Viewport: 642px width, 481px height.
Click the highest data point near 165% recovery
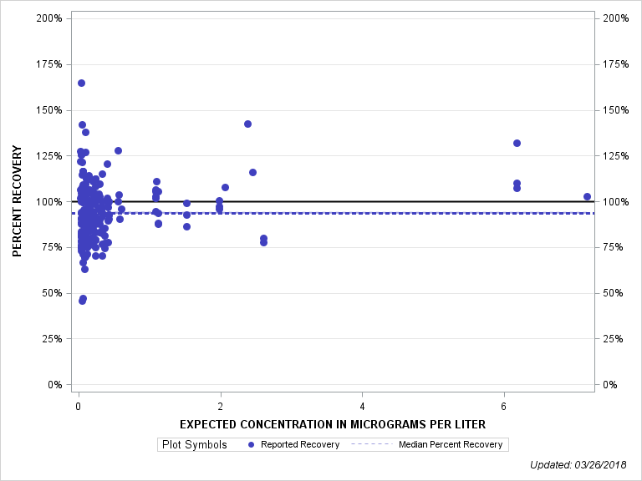click(x=81, y=83)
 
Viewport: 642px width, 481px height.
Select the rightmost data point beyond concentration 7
click(x=587, y=196)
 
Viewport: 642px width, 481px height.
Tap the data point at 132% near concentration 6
click(x=517, y=143)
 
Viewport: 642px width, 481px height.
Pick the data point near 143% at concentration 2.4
click(x=247, y=124)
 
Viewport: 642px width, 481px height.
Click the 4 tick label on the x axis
click(x=362, y=406)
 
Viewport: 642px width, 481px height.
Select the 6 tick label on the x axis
click(x=504, y=406)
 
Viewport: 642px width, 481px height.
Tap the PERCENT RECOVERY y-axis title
click(x=18, y=201)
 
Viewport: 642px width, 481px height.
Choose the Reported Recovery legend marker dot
click(x=252, y=444)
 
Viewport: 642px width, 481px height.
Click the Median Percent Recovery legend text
click(x=451, y=444)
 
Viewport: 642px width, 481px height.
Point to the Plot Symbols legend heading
click(x=193, y=444)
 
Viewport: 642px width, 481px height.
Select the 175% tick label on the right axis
click(x=615, y=64)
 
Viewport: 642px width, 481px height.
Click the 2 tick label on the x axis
click(x=220, y=406)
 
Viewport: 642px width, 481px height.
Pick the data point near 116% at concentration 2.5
click(x=252, y=172)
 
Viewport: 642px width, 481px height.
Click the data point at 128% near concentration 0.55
click(x=118, y=150)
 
